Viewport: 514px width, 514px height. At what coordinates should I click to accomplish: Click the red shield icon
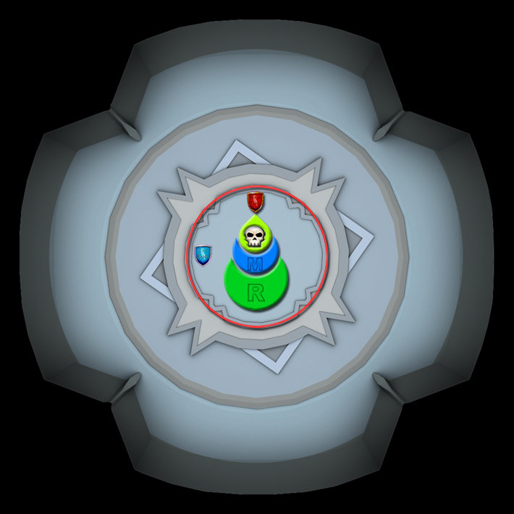[256, 202]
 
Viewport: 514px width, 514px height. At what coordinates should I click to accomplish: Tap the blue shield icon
[203, 256]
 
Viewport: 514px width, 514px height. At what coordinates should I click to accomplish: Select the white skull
[254, 237]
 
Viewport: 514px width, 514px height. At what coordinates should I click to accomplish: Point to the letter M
[255, 264]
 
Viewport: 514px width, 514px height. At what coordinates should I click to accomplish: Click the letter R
[256, 292]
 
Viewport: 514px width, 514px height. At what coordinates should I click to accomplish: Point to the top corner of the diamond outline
[236, 141]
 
